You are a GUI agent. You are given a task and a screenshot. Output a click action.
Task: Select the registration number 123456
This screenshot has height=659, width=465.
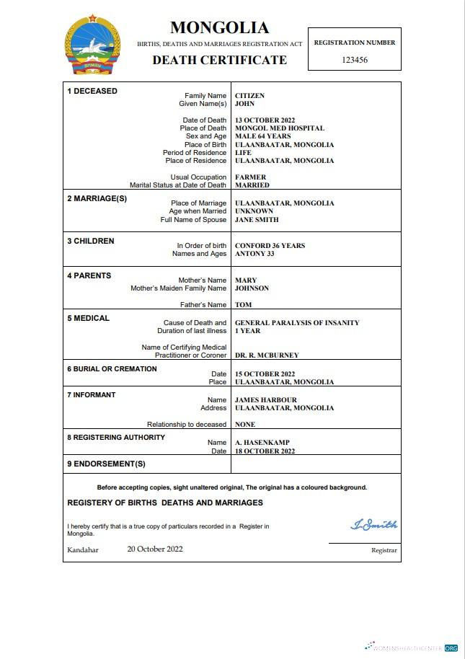pyautogui.click(x=355, y=61)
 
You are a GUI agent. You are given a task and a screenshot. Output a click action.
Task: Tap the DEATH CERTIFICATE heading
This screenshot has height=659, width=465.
pyautogui.click(x=219, y=60)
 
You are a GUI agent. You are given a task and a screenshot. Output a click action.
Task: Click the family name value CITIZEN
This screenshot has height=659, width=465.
pyautogui.click(x=250, y=96)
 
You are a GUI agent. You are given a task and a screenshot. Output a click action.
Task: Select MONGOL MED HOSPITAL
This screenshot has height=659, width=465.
pyautogui.click(x=280, y=128)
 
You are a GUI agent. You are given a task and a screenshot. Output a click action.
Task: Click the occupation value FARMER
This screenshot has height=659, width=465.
pyautogui.click(x=251, y=177)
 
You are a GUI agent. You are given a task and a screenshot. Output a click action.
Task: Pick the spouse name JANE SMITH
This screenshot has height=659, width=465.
pyautogui.click(x=257, y=220)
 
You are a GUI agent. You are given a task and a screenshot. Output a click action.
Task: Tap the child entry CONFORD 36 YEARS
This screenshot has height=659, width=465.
pyautogui.click(x=270, y=246)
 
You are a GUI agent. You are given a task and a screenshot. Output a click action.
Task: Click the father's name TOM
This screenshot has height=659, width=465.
pyautogui.click(x=244, y=305)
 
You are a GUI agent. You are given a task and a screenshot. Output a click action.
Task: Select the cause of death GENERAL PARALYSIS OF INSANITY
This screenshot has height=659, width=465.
pyautogui.click(x=297, y=323)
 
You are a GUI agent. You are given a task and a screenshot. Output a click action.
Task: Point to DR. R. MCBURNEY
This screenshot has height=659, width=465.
pyautogui.click(x=267, y=355)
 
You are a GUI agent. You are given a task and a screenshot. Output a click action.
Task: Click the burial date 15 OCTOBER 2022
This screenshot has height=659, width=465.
pyautogui.click(x=265, y=374)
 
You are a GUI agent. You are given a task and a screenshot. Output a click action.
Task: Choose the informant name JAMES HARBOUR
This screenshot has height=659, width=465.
pyautogui.click(x=266, y=400)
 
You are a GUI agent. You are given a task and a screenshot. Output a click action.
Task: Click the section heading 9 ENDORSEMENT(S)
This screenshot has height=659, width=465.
pyautogui.click(x=106, y=464)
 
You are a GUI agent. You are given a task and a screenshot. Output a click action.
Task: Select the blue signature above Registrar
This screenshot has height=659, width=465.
pyautogui.click(x=373, y=525)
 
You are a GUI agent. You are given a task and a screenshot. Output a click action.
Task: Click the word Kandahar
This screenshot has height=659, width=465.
pyautogui.click(x=83, y=550)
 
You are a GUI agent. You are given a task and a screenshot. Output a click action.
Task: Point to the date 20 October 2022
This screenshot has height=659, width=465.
pyautogui.click(x=155, y=549)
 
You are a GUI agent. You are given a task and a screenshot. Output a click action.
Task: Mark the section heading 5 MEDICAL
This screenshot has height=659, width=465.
pyautogui.click(x=88, y=318)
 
